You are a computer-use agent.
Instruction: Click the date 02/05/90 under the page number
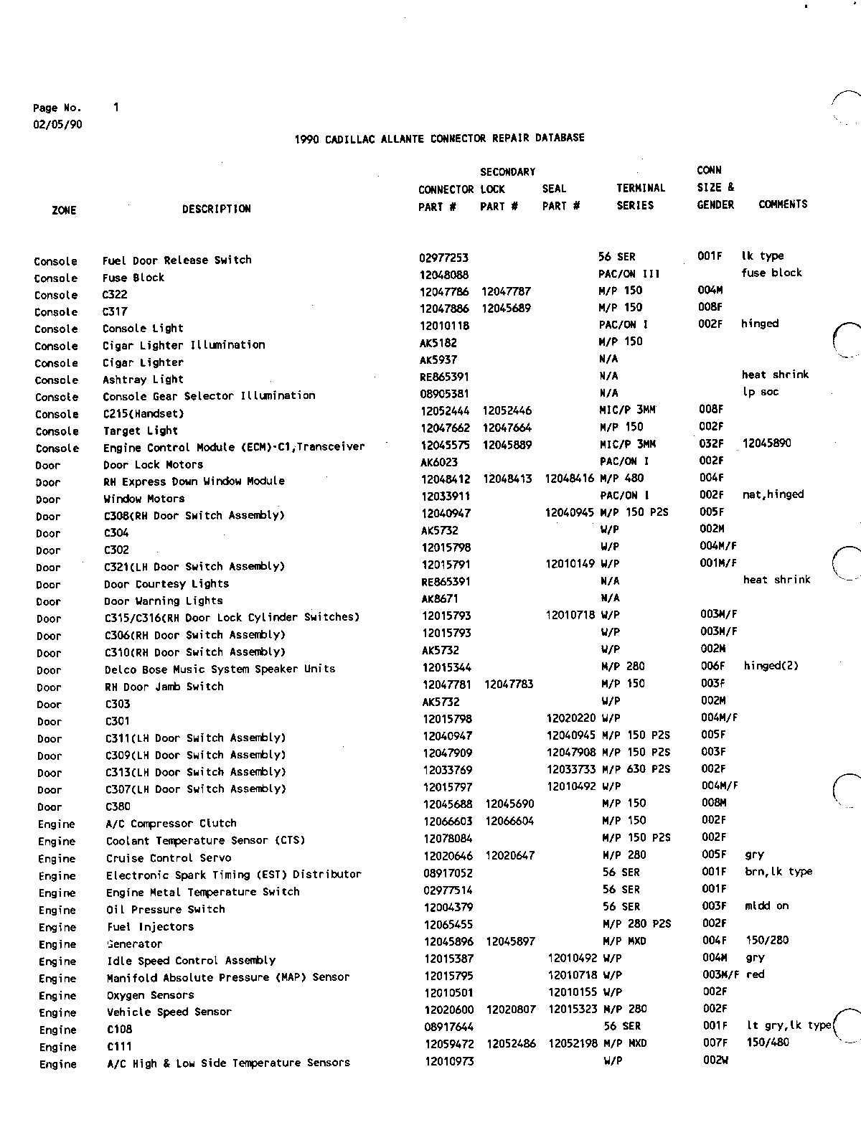[x=57, y=124]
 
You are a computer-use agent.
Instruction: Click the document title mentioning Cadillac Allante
[x=439, y=138]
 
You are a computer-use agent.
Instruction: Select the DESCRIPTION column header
[x=216, y=209]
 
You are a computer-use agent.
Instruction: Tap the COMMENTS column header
[x=783, y=204]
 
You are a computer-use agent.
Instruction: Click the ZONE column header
[x=64, y=210]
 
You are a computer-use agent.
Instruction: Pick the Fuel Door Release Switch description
[x=177, y=260]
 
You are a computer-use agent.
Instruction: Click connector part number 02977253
[x=443, y=257]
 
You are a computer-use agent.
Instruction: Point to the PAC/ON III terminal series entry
[x=629, y=273]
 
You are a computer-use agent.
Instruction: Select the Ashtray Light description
[x=143, y=380]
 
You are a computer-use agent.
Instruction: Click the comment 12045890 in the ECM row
[x=766, y=443]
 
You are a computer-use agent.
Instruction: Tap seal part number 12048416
[x=570, y=479]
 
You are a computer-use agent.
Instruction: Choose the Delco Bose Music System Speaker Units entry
[x=220, y=669]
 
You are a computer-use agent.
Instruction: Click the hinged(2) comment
[x=771, y=666]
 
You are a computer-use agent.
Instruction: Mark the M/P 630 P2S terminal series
[x=636, y=769]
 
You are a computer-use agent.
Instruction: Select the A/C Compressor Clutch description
[x=171, y=824]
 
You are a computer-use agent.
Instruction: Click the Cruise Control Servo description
[x=169, y=858]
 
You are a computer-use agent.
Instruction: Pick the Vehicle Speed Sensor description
[x=169, y=1012]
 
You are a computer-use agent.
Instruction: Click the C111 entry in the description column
[x=119, y=1047]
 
